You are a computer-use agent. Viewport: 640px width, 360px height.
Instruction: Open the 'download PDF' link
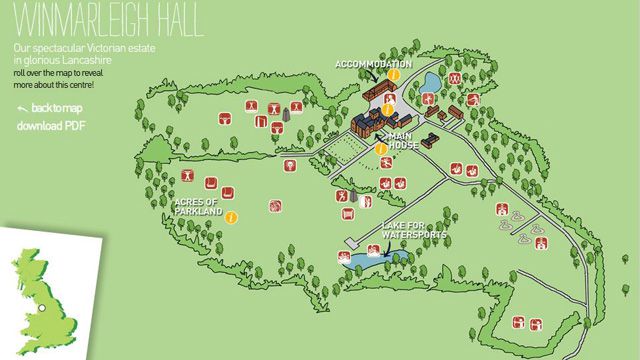click(49, 125)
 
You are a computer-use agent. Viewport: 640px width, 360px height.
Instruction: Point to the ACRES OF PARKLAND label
click(197, 207)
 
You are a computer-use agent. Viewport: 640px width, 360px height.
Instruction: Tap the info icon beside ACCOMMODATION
click(393, 74)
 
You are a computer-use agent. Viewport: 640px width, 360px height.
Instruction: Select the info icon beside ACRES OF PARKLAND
click(231, 217)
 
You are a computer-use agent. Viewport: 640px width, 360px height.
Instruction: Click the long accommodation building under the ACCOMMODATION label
click(378, 92)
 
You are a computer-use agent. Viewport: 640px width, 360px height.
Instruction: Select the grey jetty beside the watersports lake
click(351, 241)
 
